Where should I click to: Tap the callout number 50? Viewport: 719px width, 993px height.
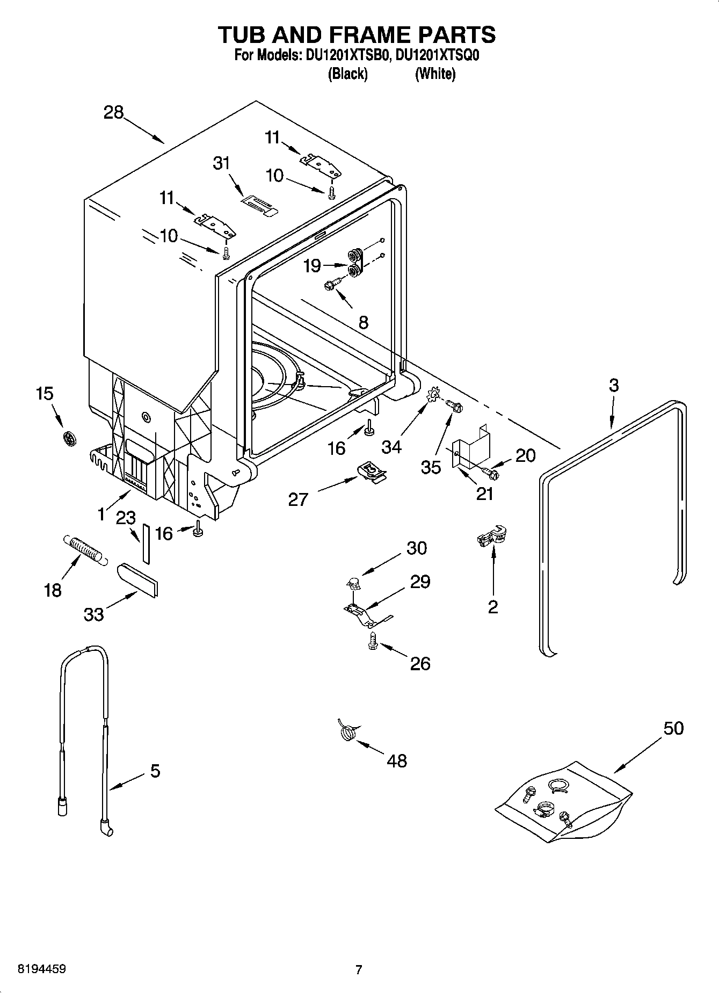tap(673, 729)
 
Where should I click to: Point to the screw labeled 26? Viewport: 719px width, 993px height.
tap(372, 640)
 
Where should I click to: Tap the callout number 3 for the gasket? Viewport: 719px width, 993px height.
tap(614, 385)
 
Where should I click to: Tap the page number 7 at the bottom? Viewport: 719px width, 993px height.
tap(359, 969)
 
